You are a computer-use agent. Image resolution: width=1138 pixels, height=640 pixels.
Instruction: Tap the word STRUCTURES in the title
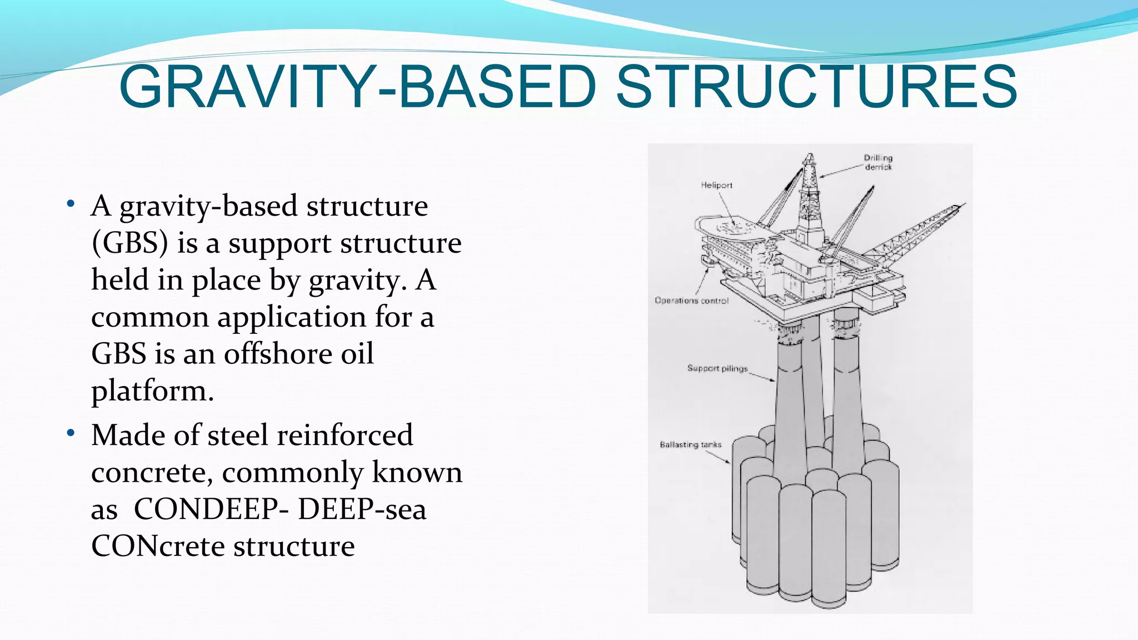tap(816, 87)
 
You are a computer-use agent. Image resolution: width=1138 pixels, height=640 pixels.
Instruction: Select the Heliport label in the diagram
tap(716, 185)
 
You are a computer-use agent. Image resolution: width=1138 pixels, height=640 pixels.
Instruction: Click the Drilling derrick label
tap(878, 162)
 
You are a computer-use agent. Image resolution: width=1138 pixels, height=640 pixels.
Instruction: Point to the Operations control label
tap(691, 301)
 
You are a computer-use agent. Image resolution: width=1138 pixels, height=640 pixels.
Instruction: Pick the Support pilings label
tap(717, 368)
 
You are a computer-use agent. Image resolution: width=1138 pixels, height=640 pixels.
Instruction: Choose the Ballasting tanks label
tap(690, 444)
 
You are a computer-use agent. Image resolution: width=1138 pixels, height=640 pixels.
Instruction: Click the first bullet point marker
tap(70, 203)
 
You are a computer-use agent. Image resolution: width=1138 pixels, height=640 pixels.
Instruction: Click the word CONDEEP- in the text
tap(211, 509)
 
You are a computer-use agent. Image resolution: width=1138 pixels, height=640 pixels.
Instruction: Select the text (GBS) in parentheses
tap(129, 243)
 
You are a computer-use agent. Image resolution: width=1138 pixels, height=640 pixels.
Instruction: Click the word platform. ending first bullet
tap(152, 391)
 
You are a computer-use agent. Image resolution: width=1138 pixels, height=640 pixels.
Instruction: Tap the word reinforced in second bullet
tap(345, 435)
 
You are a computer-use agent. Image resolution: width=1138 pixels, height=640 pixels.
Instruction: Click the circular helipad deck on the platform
tap(730, 227)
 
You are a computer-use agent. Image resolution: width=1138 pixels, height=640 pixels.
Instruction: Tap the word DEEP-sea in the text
tap(362, 509)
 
